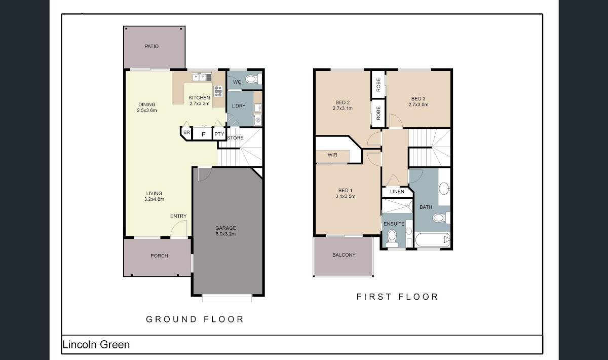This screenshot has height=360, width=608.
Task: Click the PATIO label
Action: [x=151, y=47]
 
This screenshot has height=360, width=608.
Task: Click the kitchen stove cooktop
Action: [x=218, y=91]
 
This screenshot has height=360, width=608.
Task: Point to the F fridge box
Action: [x=203, y=134]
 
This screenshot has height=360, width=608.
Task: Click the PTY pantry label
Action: [x=219, y=134]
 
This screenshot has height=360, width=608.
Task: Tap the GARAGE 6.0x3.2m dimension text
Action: [x=225, y=234]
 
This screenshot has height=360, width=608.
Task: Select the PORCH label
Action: [x=159, y=256]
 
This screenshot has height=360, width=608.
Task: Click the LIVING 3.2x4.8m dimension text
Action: [x=154, y=199]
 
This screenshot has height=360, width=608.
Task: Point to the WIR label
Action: [x=332, y=155]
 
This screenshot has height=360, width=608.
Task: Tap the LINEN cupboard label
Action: [x=397, y=192]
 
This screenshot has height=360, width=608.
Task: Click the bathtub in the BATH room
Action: [x=432, y=240]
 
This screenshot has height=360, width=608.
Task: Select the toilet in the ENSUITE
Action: [x=392, y=236]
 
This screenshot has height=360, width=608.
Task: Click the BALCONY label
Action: [x=344, y=255]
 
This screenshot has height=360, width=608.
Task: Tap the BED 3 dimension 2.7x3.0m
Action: [x=419, y=104]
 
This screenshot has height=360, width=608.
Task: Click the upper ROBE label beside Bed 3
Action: [x=378, y=85]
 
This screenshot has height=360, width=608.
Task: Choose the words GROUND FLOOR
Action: [x=195, y=319]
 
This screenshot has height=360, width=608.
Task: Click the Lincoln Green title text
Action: [x=96, y=344]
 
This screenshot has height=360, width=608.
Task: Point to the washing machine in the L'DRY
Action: [x=257, y=120]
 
